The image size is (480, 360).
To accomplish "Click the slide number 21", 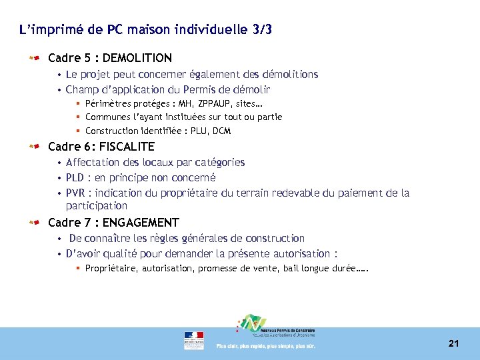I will [x=453, y=343].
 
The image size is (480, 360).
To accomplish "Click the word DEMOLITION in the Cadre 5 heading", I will [x=137, y=58].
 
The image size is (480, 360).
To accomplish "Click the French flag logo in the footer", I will [x=194, y=340].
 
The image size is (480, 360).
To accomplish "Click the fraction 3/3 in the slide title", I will [x=261, y=30].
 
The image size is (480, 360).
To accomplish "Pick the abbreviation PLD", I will [x=75, y=178].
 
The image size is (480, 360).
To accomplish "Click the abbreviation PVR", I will [x=75, y=193].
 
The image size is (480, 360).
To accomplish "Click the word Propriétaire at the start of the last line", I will [x=111, y=269].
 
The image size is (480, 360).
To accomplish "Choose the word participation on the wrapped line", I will [x=96, y=206].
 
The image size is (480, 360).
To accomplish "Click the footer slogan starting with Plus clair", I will [x=265, y=346].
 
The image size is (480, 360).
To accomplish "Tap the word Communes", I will [x=107, y=117].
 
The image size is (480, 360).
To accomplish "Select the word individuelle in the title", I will [x=207, y=30].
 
